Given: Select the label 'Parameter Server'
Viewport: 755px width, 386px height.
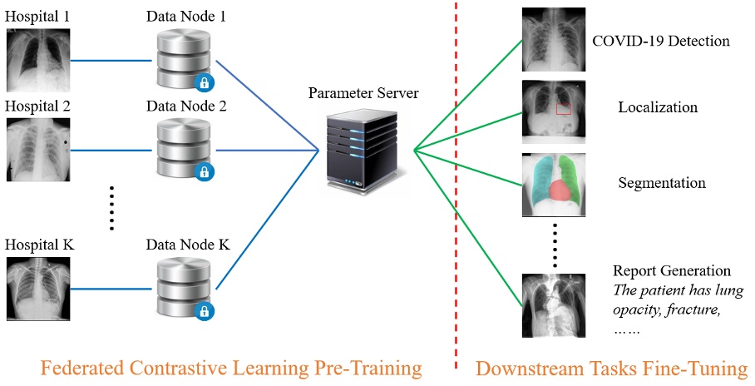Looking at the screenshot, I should pos(363,92).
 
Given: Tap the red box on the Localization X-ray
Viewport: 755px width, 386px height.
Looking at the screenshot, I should pos(564,108).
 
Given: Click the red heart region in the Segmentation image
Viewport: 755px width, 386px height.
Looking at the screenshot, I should pos(556,191).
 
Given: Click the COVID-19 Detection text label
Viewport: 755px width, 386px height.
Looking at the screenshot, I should pos(660,41).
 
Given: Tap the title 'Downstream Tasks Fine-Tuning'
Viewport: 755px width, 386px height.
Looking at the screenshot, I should pos(611,367).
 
